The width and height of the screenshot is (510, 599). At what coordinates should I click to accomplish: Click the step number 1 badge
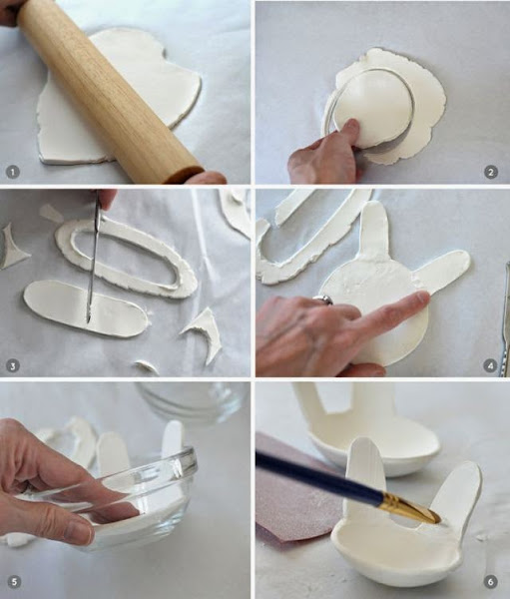[13, 173]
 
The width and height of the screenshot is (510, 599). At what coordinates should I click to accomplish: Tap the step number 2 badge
[491, 173]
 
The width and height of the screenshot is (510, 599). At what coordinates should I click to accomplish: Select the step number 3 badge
[13, 366]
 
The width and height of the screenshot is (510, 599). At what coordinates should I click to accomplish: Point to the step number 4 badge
[491, 366]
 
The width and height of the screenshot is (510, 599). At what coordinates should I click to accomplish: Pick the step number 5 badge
[14, 582]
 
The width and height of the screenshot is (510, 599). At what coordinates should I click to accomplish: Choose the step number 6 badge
[491, 582]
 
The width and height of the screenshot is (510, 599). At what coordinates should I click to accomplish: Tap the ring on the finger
[322, 299]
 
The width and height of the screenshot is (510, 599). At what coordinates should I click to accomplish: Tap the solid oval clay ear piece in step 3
[85, 308]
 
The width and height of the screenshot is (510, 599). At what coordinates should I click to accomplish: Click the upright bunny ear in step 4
[373, 232]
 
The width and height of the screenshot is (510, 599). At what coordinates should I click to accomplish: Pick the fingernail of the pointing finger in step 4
[423, 298]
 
